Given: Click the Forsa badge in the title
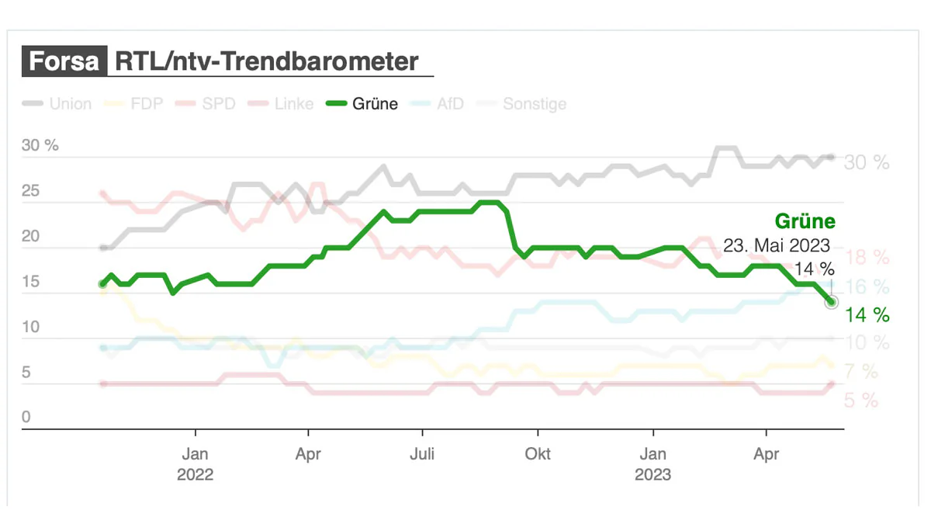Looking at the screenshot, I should tap(64, 61).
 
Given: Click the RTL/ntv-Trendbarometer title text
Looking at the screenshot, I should tap(266, 61).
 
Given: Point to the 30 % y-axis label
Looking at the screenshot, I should tap(40, 146).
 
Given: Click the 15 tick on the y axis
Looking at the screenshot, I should tap(30, 283).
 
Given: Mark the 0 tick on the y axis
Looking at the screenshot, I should tap(26, 418).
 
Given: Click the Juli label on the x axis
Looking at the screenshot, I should tap(422, 453).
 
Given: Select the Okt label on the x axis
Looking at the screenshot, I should tap(538, 453).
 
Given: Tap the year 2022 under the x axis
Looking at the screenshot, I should tap(195, 474).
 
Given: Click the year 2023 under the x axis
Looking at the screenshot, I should tap(653, 474).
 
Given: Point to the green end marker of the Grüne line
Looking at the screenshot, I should tap(831, 301).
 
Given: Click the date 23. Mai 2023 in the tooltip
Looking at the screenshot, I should tap(777, 245).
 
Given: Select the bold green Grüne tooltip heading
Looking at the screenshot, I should tap(805, 221).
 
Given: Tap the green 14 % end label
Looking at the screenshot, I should tap(867, 314).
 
